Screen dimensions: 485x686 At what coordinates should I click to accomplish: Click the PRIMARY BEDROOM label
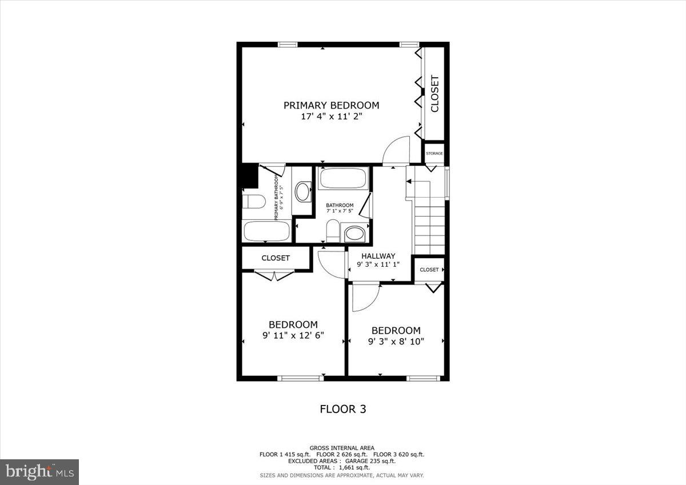332,105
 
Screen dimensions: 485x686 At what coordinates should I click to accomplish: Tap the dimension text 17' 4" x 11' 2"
332,116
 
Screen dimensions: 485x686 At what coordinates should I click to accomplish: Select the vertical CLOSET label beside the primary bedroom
434,94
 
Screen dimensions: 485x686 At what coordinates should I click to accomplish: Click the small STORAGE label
434,153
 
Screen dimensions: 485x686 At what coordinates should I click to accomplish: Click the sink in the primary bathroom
302,191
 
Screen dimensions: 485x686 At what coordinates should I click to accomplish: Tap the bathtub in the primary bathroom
266,231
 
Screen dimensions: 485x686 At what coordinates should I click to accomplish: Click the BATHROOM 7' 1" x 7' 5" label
340,208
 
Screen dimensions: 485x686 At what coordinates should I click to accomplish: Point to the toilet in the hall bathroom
332,231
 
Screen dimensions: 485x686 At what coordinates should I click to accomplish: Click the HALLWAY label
378,256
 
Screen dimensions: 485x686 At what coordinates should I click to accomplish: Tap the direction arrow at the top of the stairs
409,182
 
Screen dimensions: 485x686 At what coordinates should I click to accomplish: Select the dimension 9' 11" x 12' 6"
293,335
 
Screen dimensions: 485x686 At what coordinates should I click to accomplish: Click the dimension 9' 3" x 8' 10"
396,341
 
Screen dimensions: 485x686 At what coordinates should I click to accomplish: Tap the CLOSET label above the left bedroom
276,258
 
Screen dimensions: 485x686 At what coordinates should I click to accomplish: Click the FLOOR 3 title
342,409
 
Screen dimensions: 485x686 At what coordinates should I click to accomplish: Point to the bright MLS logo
39,472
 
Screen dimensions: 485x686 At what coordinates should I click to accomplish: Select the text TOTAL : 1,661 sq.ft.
342,467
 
